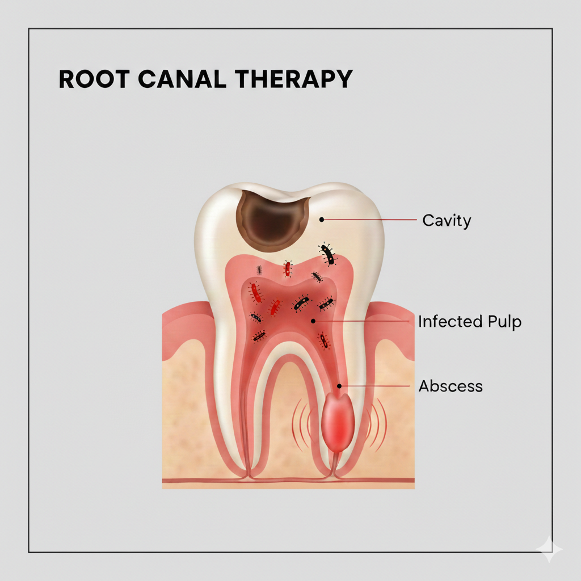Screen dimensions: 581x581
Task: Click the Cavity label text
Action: (x=447, y=220)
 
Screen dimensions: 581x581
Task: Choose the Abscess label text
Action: (x=451, y=386)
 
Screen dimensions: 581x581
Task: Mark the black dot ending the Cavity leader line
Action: (x=321, y=218)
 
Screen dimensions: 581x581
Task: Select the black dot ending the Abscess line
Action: (x=339, y=386)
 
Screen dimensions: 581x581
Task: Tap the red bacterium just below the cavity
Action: (x=288, y=269)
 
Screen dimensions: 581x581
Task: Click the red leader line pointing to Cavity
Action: (x=369, y=219)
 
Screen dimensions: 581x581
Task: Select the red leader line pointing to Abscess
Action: (x=374, y=386)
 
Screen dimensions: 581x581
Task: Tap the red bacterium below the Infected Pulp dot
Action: (x=323, y=340)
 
